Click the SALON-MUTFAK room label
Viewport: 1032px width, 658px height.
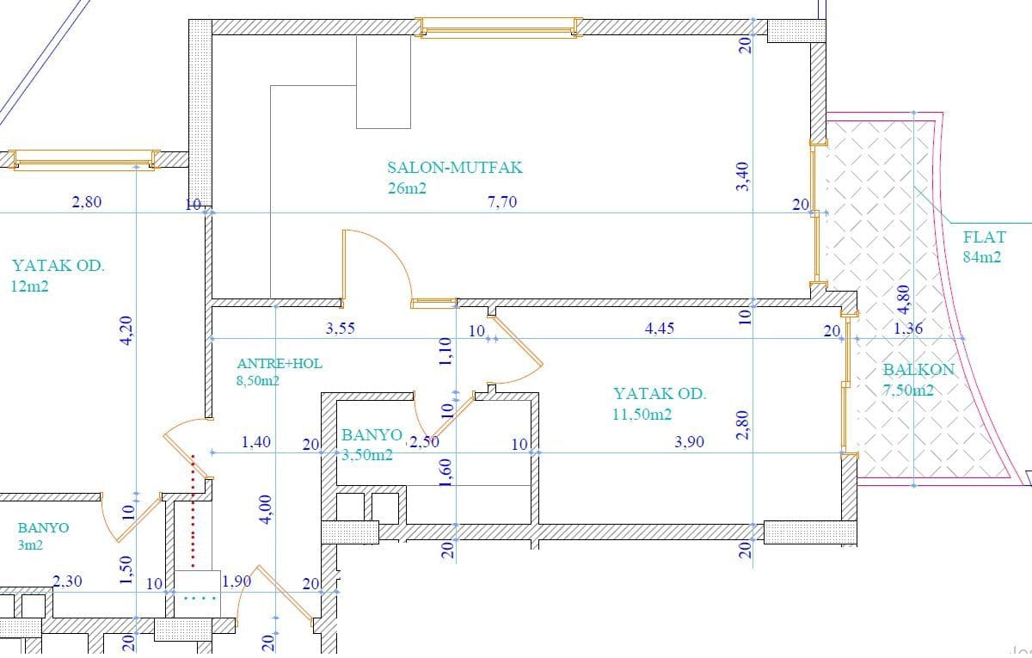(x=455, y=167)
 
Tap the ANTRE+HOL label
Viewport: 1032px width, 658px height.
(x=279, y=364)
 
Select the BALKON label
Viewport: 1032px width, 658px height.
(x=918, y=370)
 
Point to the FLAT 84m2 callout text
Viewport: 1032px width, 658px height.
(x=984, y=247)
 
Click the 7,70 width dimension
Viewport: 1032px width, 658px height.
(x=502, y=202)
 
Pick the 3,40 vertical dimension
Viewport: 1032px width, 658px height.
(x=743, y=176)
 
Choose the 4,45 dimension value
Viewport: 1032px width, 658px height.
(x=660, y=329)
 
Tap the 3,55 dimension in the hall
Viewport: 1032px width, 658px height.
(x=341, y=329)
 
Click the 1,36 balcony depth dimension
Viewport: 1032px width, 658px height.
(x=908, y=329)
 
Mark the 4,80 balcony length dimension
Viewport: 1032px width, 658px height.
(x=904, y=300)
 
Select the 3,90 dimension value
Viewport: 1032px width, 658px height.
(x=689, y=442)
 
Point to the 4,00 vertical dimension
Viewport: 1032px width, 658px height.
(x=266, y=509)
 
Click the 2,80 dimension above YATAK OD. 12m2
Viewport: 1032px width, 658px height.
(x=87, y=202)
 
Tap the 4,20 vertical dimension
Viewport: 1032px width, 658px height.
(x=126, y=330)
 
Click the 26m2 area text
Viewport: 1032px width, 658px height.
(x=407, y=188)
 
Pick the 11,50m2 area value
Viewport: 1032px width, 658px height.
(x=642, y=415)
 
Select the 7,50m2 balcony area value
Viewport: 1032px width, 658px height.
(x=908, y=390)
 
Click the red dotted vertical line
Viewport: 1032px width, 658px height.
(x=193, y=511)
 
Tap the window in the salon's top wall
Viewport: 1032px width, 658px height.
(x=499, y=28)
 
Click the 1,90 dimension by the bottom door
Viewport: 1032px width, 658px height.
(x=236, y=582)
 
